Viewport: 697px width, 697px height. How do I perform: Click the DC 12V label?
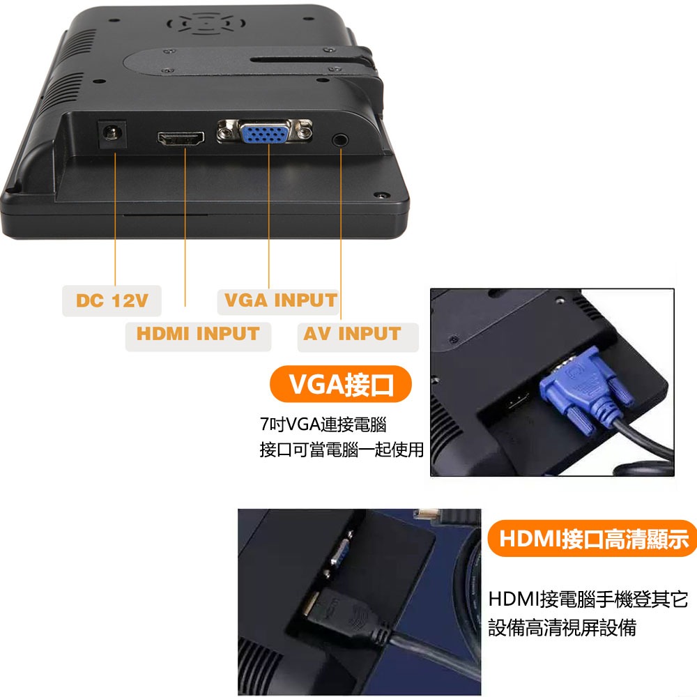[x=112, y=300]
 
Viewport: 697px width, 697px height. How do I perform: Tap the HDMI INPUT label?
[x=197, y=334]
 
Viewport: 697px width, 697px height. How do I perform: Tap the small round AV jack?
[x=341, y=139]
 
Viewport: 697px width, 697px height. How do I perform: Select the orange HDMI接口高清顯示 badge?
[x=593, y=538]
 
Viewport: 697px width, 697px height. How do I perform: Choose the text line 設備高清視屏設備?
[x=562, y=627]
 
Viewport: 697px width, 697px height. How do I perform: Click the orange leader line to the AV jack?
[x=342, y=230]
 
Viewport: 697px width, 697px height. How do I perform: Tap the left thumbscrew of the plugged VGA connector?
[x=578, y=415]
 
